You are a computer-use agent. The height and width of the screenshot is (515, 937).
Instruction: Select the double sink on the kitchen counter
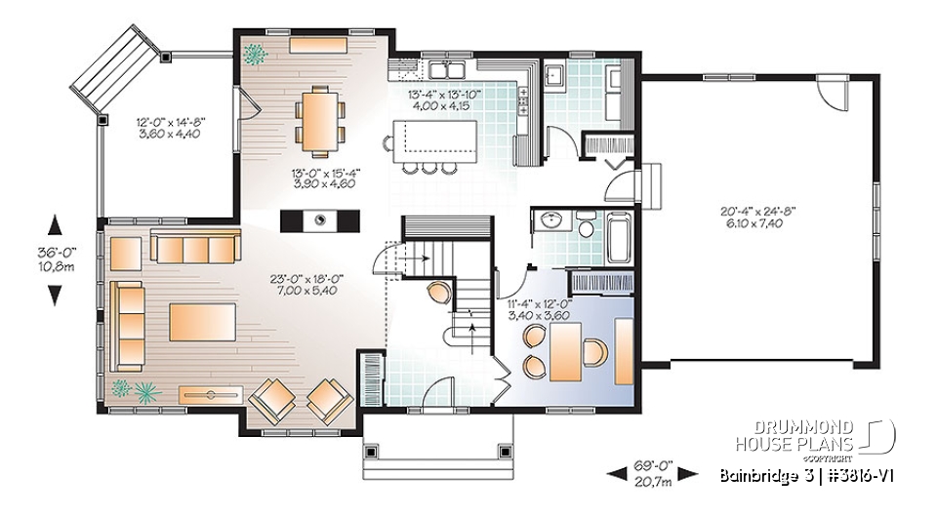click(451, 70)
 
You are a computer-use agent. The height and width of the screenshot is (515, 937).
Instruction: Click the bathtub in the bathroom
click(620, 235)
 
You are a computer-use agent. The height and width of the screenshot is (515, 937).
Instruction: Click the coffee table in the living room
click(202, 322)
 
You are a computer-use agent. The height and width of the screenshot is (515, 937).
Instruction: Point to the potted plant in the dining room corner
click(255, 53)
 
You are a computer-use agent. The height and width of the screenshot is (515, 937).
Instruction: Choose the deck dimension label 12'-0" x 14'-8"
click(169, 128)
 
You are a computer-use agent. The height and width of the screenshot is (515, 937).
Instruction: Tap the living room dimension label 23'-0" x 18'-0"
click(308, 284)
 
